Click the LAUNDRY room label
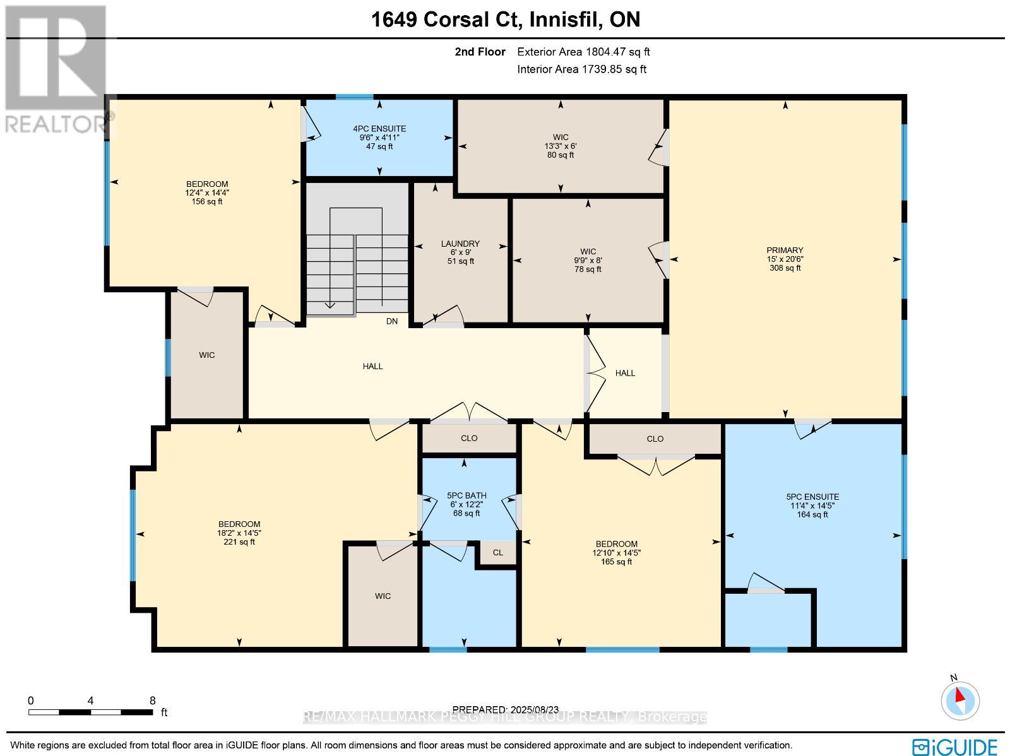point(460,244)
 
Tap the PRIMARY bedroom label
point(785,250)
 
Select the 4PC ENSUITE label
point(379,129)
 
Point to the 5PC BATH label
point(466,496)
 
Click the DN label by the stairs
point(391,321)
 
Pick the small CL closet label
point(498,553)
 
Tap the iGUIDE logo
point(954,746)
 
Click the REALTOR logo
point(56,69)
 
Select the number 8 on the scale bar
point(152,700)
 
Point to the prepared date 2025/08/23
point(534,710)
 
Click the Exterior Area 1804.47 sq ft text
point(583,52)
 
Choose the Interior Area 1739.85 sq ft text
point(581,69)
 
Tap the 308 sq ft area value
point(785,268)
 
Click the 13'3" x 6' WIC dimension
point(561,146)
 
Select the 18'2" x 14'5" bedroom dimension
point(239,533)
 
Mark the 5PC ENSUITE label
point(812,497)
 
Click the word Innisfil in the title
point(565,20)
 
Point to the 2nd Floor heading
point(480,52)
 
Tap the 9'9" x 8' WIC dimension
point(588,260)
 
